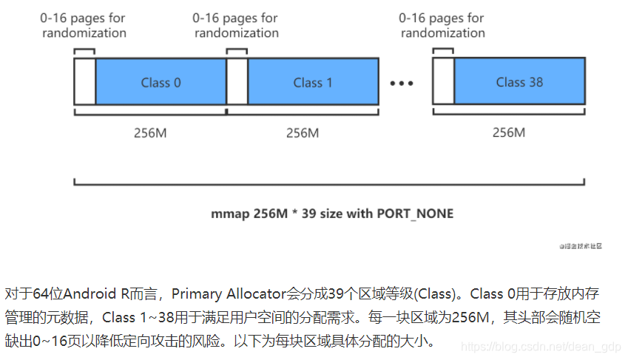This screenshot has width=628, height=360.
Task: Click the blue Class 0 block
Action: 161,82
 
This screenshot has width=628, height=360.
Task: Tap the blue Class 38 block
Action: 519,82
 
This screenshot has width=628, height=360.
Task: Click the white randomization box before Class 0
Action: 84,82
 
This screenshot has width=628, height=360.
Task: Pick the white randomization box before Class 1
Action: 237,82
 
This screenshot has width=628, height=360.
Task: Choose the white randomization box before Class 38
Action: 443,82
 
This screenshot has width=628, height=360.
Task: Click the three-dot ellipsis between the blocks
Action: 402,83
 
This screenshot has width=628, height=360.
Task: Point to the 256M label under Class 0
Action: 150,133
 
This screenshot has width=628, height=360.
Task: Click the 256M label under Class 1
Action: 302,133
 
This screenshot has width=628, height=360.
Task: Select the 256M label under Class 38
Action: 508,133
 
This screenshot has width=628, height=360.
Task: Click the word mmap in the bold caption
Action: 226,214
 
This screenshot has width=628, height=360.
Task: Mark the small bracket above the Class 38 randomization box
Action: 442,51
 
